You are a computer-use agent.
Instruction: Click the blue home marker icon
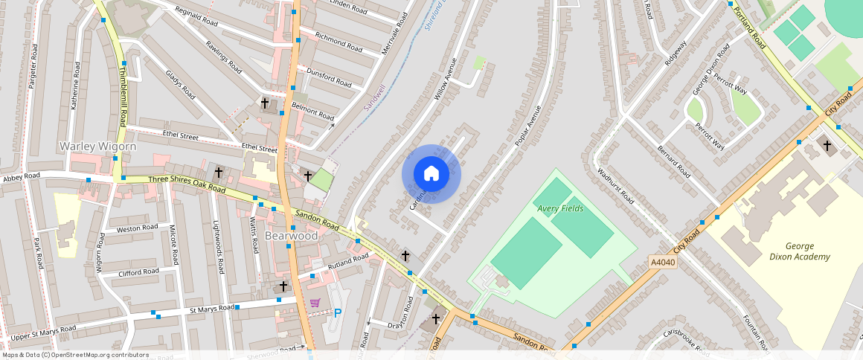click(431, 174)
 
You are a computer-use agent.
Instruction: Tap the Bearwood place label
click(291, 236)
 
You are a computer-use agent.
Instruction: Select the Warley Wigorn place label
click(97, 147)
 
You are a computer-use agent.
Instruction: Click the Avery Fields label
click(560, 209)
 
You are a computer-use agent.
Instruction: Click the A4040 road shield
click(663, 263)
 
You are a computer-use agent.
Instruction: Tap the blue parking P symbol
click(337, 313)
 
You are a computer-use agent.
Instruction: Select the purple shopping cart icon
click(315, 303)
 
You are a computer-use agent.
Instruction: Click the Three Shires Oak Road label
click(187, 184)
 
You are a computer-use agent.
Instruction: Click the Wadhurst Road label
click(616, 187)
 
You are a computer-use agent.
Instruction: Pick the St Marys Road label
click(213, 308)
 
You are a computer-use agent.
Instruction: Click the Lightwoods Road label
click(219, 248)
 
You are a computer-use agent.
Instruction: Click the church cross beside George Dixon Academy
click(827, 146)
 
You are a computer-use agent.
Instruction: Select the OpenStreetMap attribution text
click(76, 355)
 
